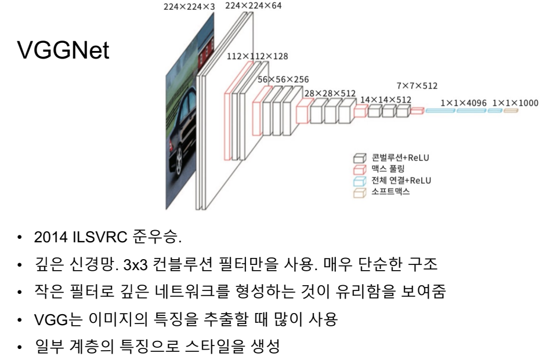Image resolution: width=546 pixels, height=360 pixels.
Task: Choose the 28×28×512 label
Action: (330, 93)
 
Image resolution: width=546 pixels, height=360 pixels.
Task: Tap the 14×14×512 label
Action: (385, 100)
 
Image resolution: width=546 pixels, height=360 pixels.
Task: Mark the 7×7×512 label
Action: (417, 86)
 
